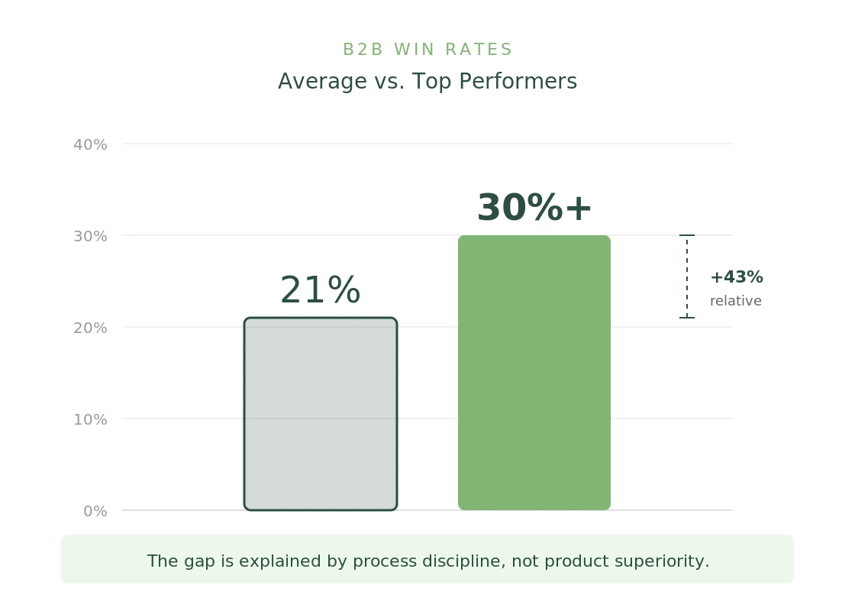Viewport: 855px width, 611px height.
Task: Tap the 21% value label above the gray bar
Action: coord(320,291)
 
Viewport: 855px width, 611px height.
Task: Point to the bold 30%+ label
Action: coord(534,209)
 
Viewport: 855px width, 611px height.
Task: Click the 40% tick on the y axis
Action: coord(90,144)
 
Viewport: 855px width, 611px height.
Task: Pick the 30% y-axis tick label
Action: coord(90,236)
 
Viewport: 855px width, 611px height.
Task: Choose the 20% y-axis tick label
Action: coord(90,328)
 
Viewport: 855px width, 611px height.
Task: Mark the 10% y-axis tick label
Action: coord(90,419)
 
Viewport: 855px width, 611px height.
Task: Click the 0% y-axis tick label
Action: coord(95,511)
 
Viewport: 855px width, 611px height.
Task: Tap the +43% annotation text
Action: coord(736,277)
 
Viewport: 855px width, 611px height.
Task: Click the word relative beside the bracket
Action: coord(735,301)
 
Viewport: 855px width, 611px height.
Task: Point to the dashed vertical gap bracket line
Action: coord(687,276)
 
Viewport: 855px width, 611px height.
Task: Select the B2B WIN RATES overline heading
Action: coord(427,50)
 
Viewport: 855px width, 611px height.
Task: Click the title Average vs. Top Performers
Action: coord(427,82)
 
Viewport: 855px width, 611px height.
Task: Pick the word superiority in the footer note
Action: coord(660,561)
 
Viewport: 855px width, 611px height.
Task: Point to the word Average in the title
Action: coord(312,82)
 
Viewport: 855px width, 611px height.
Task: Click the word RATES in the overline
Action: coord(478,50)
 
